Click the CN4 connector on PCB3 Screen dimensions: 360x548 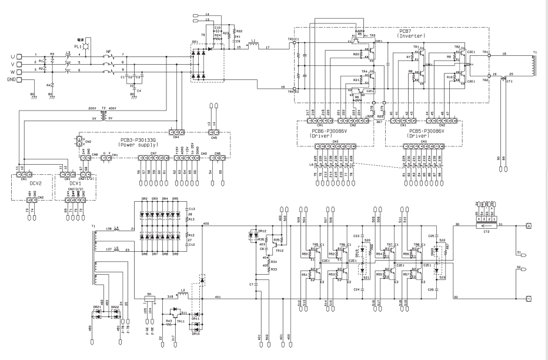[175, 132]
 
